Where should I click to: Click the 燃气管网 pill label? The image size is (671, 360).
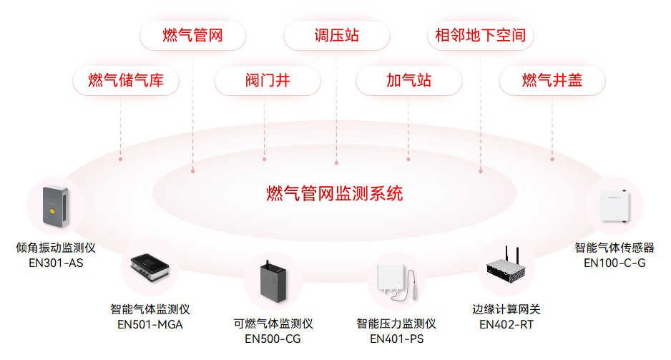click(192, 36)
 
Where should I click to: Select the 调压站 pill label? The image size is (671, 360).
click(336, 36)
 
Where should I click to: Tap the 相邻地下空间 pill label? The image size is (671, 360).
click(480, 36)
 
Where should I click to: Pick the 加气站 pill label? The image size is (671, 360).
click(408, 80)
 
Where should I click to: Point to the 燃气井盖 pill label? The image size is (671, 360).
click(552, 80)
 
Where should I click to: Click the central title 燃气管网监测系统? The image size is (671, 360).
click(335, 193)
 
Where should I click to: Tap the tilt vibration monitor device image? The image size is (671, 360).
click(55, 205)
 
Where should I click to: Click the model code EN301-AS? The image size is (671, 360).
click(55, 263)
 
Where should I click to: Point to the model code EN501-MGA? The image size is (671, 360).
click(150, 324)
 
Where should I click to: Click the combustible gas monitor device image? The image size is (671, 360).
click(272, 283)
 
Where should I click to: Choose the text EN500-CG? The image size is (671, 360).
click(273, 339)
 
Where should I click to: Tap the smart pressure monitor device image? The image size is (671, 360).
click(396, 283)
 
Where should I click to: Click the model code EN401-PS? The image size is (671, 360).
click(396, 339)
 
